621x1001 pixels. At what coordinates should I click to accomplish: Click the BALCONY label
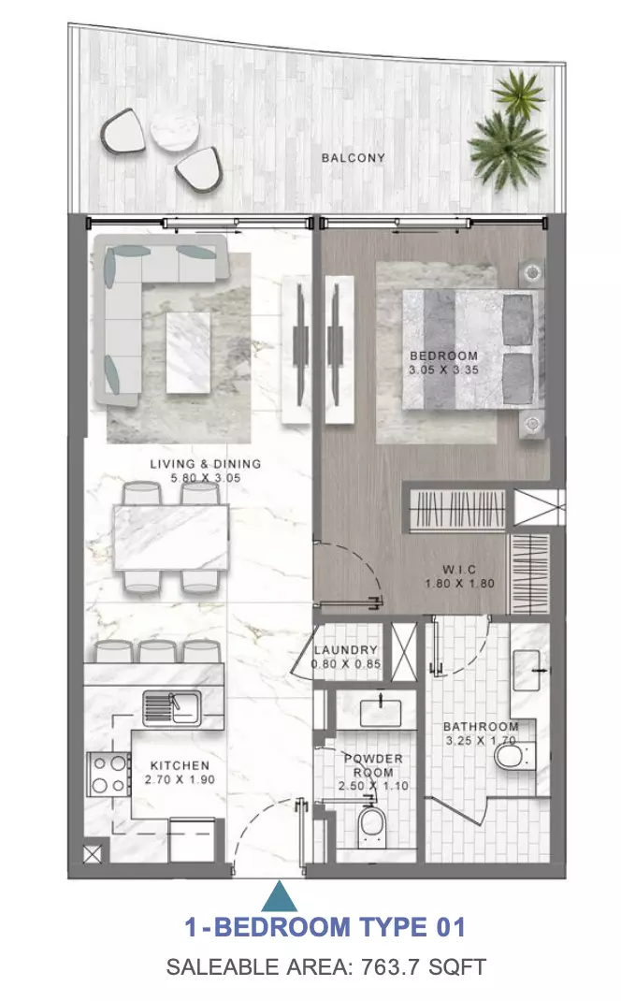click(353, 157)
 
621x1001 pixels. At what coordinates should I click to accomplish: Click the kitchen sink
click(172, 706)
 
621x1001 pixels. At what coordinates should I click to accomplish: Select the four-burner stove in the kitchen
click(108, 775)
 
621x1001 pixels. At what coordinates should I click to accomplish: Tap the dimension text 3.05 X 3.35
click(443, 370)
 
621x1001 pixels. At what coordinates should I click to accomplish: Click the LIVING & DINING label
click(206, 464)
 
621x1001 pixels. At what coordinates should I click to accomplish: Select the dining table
click(171, 537)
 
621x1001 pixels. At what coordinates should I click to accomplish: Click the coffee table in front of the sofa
click(188, 352)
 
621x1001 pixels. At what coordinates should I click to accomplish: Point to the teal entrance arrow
click(279, 896)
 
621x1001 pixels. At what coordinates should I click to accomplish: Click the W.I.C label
click(459, 570)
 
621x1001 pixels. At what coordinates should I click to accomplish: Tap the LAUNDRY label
click(346, 650)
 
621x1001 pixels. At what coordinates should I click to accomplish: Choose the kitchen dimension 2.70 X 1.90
click(180, 779)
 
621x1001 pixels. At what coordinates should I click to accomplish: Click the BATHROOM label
click(481, 727)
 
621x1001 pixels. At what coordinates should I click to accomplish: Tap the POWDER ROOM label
click(374, 765)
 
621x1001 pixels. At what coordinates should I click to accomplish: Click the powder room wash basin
click(380, 713)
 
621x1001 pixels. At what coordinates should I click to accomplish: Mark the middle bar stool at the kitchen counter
click(157, 652)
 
